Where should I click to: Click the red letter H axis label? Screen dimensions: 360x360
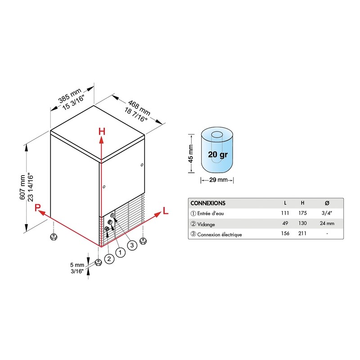[102, 132]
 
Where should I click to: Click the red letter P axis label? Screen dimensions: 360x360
[37, 207]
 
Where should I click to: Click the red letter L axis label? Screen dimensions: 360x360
[166, 211]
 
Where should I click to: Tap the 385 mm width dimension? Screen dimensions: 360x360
[70, 95]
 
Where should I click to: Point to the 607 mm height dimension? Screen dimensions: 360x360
[23, 187]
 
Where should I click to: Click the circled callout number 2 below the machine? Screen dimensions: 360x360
[109, 259]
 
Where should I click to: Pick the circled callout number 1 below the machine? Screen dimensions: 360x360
[120, 252]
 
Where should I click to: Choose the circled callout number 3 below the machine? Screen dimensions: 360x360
[132, 245]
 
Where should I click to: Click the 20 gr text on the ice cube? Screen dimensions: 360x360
[218, 154]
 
